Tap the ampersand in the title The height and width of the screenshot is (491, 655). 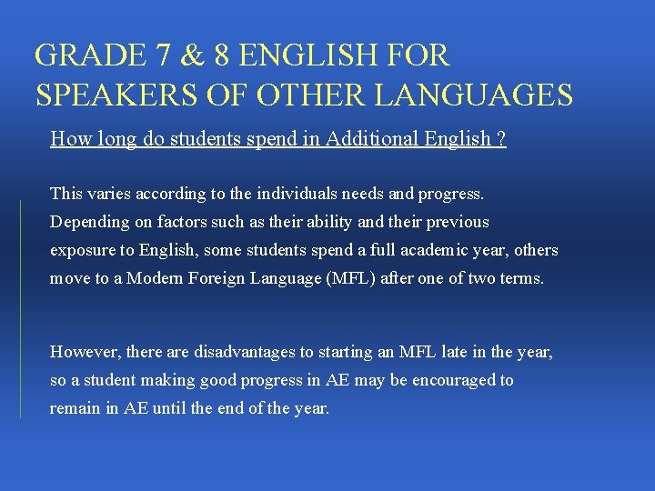[192, 55]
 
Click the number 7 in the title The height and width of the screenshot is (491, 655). [162, 55]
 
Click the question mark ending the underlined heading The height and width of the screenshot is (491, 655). [501, 139]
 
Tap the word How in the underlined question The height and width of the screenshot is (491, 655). [68, 139]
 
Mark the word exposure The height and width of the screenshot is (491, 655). [81, 249]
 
